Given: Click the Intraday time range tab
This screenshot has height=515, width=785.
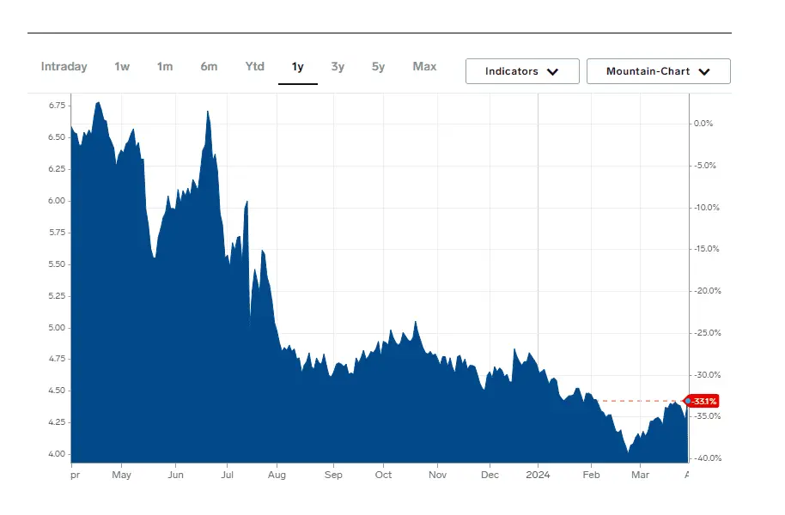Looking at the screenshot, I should tap(64, 67).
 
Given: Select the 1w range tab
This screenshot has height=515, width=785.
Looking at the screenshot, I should tap(122, 67).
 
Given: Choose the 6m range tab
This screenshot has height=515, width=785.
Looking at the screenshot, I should tap(209, 67).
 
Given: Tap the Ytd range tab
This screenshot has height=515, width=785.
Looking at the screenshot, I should tap(254, 67).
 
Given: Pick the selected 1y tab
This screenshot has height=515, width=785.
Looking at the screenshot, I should tap(297, 67).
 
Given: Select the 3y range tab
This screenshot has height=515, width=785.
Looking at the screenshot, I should tap(338, 67).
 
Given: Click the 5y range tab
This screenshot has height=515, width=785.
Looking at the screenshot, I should tap(378, 67).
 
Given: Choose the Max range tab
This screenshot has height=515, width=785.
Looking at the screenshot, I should tap(424, 67).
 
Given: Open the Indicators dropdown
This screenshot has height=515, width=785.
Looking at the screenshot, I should tap(522, 71).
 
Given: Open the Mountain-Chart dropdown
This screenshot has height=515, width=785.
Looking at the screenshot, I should tap(658, 71).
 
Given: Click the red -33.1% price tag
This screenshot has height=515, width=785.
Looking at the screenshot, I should tap(704, 401).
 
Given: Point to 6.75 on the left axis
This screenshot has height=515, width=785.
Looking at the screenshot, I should tap(58, 106).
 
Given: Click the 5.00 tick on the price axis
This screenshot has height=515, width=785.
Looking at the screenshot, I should tap(58, 327).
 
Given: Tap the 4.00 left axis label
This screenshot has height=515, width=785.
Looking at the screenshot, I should tap(58, 454).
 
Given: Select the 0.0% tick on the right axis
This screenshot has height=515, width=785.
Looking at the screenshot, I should tap(703, 124).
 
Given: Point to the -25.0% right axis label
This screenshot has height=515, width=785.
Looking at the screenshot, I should tap(706, 333).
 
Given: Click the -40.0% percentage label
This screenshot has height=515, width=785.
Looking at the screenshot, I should tap(706, 458).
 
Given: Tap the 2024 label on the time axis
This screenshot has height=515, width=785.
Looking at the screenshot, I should tap(538, 475).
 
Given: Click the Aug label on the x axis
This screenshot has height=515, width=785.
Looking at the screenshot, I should tap(277, 475).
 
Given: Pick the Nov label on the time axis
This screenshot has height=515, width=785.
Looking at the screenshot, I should tap(437, 475).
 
